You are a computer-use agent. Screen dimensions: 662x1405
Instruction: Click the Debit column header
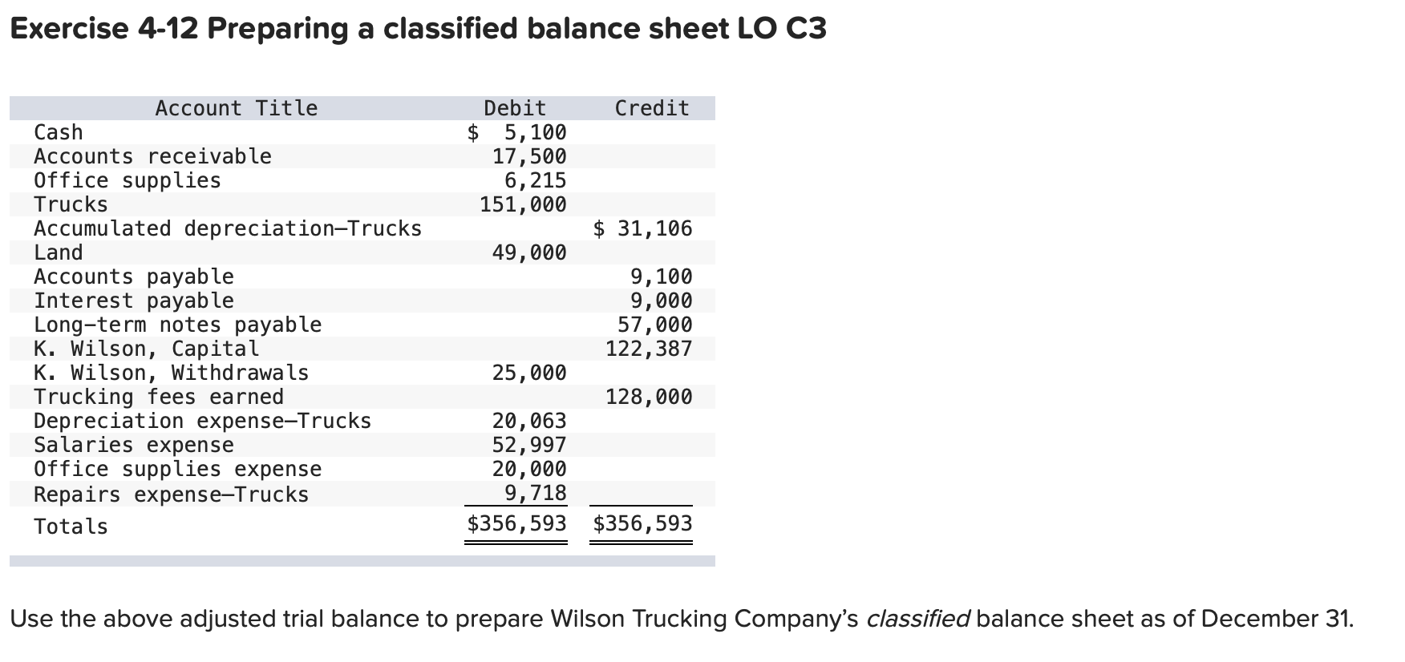tap(515, 108)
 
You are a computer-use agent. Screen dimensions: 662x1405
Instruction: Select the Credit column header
tap(652, 108)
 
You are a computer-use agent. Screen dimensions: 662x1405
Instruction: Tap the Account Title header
tap(237, 108)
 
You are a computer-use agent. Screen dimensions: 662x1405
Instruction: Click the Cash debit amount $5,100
tap(517, 132)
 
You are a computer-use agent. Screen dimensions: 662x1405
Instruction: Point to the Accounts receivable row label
tap(152, 156)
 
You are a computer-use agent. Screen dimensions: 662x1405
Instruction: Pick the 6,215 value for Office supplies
tap(535, 180)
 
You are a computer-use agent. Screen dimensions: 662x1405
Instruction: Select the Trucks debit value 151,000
tap(523, 204)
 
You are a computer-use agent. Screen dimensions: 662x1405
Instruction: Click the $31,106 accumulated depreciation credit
tap(642, 228)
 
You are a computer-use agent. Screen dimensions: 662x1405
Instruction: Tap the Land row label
tap(59, 252)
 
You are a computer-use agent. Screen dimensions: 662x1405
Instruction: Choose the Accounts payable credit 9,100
tap(662, 277)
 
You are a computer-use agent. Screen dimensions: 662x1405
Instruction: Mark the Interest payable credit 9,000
tap(662, 301)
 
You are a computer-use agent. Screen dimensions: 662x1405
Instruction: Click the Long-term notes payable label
tap(177, 325)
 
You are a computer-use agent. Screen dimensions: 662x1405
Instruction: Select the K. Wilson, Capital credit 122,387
tap(649, 349)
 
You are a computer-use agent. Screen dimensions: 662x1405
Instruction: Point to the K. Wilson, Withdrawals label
tap(171, 373)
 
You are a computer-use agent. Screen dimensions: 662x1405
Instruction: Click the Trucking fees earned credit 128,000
tap(649, 397)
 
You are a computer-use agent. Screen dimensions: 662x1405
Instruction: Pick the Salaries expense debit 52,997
tap(529, 445)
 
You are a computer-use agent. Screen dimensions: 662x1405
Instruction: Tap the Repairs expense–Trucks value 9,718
tap(535, 493)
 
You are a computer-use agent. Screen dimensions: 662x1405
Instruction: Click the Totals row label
tap(71, 527)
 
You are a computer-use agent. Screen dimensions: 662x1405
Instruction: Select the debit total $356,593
tap(517, 524)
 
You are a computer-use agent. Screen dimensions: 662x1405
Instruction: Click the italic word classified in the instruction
tap(918, 619)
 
